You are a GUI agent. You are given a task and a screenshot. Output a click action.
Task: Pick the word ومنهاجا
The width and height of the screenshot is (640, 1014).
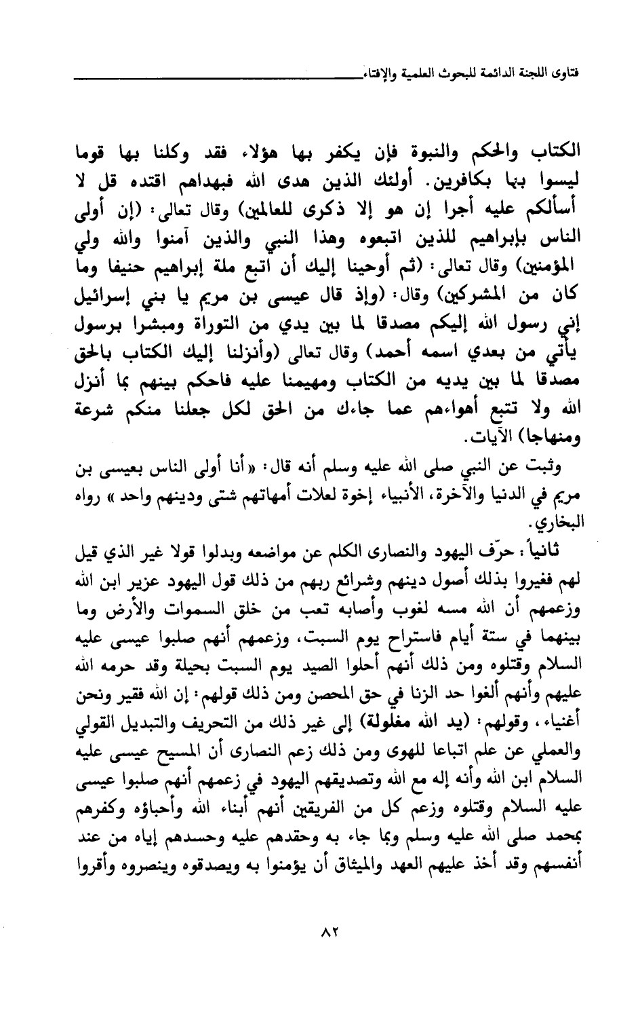click(538, 438)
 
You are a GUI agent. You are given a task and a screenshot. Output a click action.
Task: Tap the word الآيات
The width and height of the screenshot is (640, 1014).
click(475, 438)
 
